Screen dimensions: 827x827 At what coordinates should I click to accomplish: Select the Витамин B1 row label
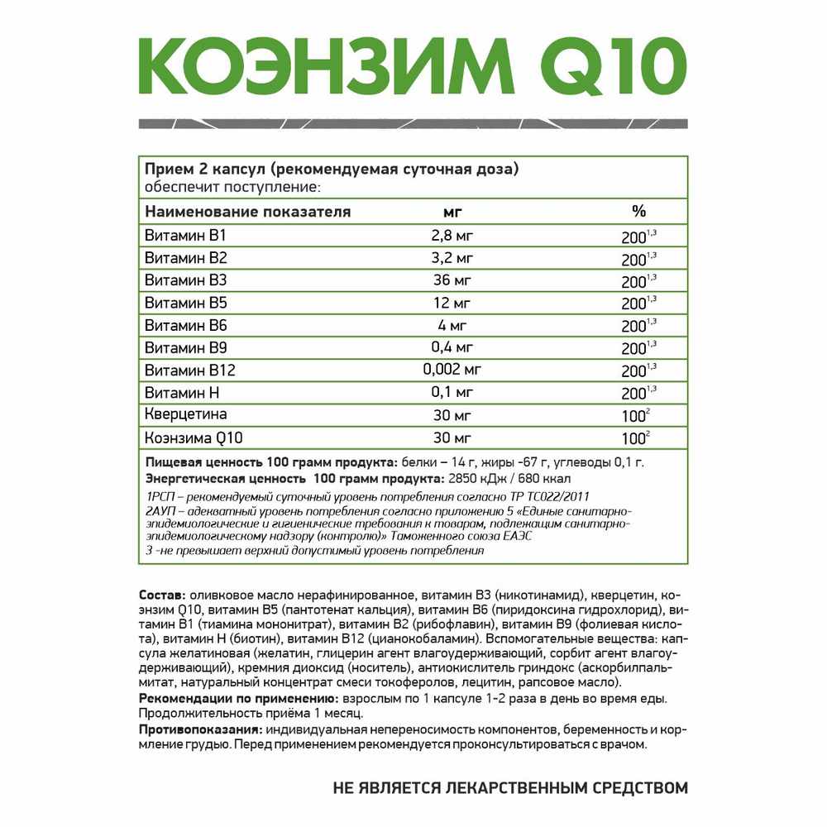[x=179, y=236]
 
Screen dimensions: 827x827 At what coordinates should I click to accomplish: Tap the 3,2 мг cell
[x=452, y=258]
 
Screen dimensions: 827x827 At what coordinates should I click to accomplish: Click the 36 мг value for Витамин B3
[x=452, y=280]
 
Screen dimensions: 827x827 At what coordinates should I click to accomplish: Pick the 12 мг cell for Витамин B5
[x=452, y=303]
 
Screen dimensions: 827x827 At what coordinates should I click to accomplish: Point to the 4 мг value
[x=452, y=325]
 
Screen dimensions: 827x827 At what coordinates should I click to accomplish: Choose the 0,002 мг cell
[x=452, y=370]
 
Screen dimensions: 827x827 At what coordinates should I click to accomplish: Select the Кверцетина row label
[x=186, y=414]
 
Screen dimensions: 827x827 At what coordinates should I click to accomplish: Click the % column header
[x=638, y=211]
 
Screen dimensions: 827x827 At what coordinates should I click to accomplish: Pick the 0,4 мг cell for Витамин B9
[x=452, y=347]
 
